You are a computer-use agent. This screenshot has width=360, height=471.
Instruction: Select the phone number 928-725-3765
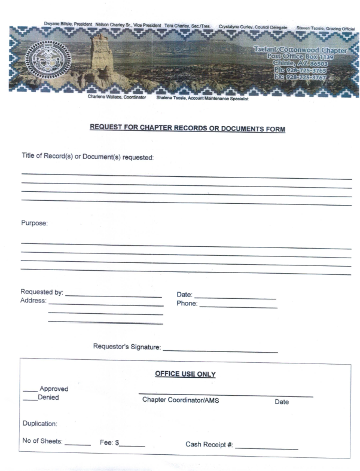pyautogui.click(x=310, y=69)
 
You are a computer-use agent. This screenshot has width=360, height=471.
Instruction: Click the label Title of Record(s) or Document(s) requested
pyautogui.click(x=87, y=157)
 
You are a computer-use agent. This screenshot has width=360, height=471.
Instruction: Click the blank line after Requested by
pyautogui.click(x=114, y=295)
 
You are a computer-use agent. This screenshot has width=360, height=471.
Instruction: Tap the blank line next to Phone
pyautogui.click(x=238, y=306)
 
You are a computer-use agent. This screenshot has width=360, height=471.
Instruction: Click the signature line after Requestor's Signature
pyautogui.click(x=220, y=350)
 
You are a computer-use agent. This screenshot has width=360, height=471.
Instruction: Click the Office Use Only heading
pyautogui.click(x=185, y=375)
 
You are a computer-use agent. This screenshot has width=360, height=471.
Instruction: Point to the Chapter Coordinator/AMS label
pyautogui.click(x=180, y=400)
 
